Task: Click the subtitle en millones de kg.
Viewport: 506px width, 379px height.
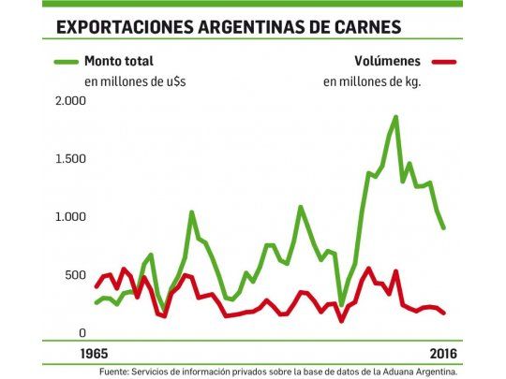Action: (x=372, y=81)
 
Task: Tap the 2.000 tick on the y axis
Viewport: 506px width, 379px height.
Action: (x=70, y=101)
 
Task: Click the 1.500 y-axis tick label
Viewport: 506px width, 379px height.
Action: (x=70, y=159)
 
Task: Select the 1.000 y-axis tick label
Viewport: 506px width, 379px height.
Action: (x=70, y=217)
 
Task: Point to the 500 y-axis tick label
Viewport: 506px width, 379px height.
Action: (x=76, y=274)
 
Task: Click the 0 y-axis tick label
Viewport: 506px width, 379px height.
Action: (x=83, y=332)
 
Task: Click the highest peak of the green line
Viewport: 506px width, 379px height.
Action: (x=395, y=117)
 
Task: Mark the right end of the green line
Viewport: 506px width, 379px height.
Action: (x=444, y=227)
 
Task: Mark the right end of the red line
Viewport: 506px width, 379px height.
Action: (x=444, y=313)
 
